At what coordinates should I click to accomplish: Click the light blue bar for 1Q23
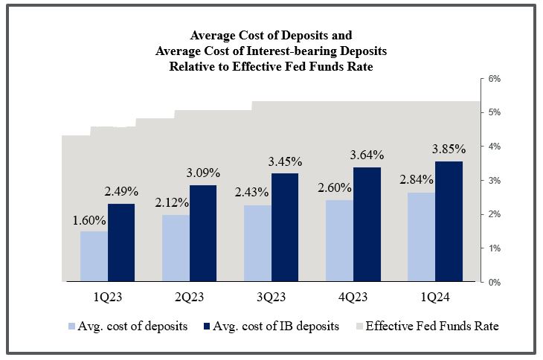point(94,257)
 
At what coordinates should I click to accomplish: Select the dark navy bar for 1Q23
point(121,243)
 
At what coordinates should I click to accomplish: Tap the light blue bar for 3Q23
point(257,243)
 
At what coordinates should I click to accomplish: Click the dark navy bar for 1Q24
point(449,222)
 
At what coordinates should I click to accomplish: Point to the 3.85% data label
point(449,148)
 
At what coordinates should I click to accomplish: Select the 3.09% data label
point(203,174)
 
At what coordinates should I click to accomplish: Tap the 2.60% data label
point(339,189)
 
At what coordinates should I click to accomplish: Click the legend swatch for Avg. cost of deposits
point(71,327)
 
